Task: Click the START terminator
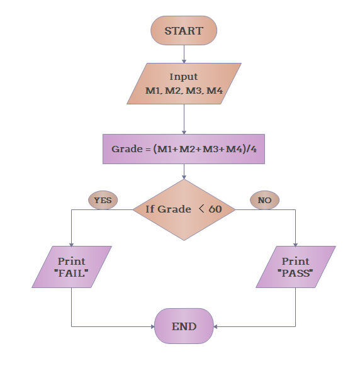tap(184, 31)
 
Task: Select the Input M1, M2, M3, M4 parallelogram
tap(184, 84)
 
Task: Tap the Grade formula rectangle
tap(184, 149)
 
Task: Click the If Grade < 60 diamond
tap(184, 209)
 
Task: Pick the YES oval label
tap(103, 201)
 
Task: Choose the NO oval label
tap(265, 201)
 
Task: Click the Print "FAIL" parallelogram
tap(72, 267)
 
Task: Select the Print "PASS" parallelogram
tap(295, 267)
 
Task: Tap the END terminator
tap(184, 326)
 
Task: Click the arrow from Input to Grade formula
tap(184, 119)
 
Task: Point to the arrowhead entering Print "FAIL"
tap(72, 243)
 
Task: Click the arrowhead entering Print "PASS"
tap(295, 243)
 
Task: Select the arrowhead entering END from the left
tap(151, 326)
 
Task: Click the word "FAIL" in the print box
tap(72, 274)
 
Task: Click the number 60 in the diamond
tap(215, 209)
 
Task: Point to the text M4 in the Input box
tap(215, 91)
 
